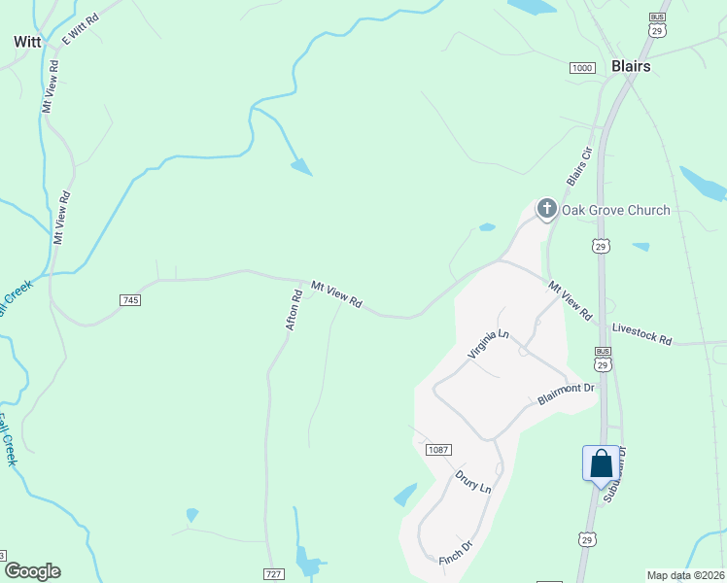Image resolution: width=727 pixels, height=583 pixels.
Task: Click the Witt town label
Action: (x=26, y=42)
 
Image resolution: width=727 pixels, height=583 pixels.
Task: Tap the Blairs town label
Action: (x=631, y=66)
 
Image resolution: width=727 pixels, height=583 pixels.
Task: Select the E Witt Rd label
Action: (x=81, y=28)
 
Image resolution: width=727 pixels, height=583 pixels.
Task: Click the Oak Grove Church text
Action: (x=616, y=210)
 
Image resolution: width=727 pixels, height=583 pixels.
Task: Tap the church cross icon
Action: (x=546, y=208)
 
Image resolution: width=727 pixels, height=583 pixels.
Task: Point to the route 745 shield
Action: (x=131, y=300)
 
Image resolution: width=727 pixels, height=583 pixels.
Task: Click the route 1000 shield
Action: (x=582, y=67)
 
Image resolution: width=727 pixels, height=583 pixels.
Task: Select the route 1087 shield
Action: (x=439, y=449)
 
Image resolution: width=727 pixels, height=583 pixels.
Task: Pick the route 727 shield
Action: (x=273, y=574)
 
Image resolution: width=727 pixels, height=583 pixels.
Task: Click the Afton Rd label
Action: (x=294, y=309)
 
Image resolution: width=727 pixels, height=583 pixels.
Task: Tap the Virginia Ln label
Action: (x=488, y=345)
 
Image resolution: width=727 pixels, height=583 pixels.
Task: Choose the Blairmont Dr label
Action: (x=566, y=394)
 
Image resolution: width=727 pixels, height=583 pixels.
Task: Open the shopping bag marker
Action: (x=601, y=463)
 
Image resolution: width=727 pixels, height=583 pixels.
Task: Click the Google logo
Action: (x=32, y=571)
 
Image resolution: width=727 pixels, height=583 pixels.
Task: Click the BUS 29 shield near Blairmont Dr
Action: (x=604, y=359)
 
